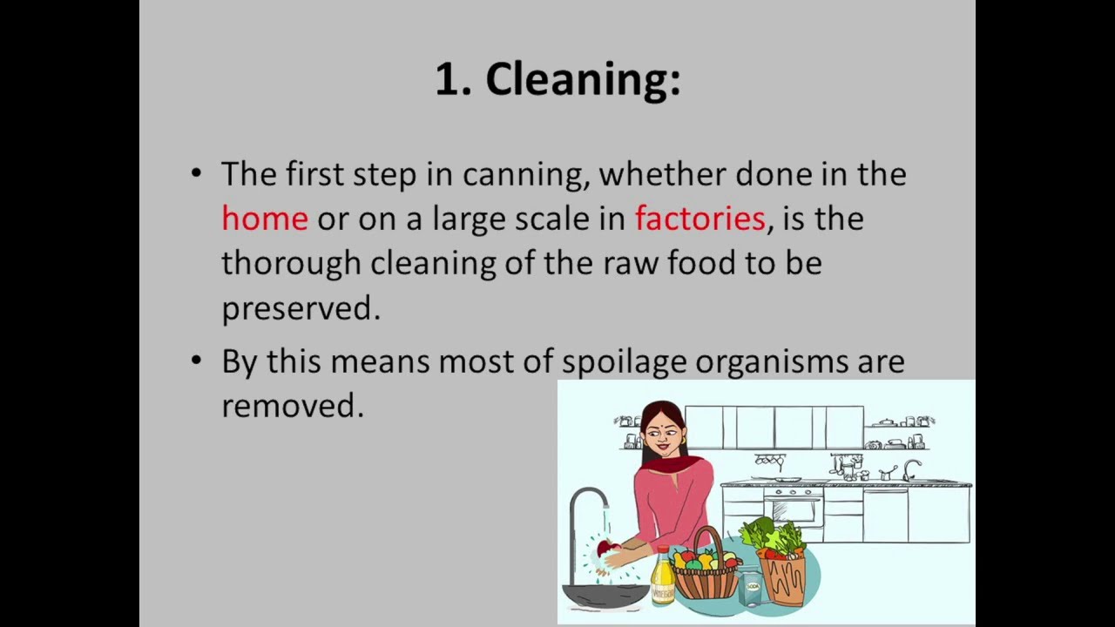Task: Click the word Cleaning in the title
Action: [x=582, y=80]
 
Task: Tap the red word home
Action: [x=265, y=218]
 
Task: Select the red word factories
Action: [x=699, y=218]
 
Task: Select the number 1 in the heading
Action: [x=446, y=80]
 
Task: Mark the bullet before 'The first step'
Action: [x=196, y=173]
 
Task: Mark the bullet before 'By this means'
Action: [x=196, y=361]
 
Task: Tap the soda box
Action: [x=751, y=587]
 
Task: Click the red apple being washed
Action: [x=603, y=549]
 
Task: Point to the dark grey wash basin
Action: [x=605, y=595]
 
